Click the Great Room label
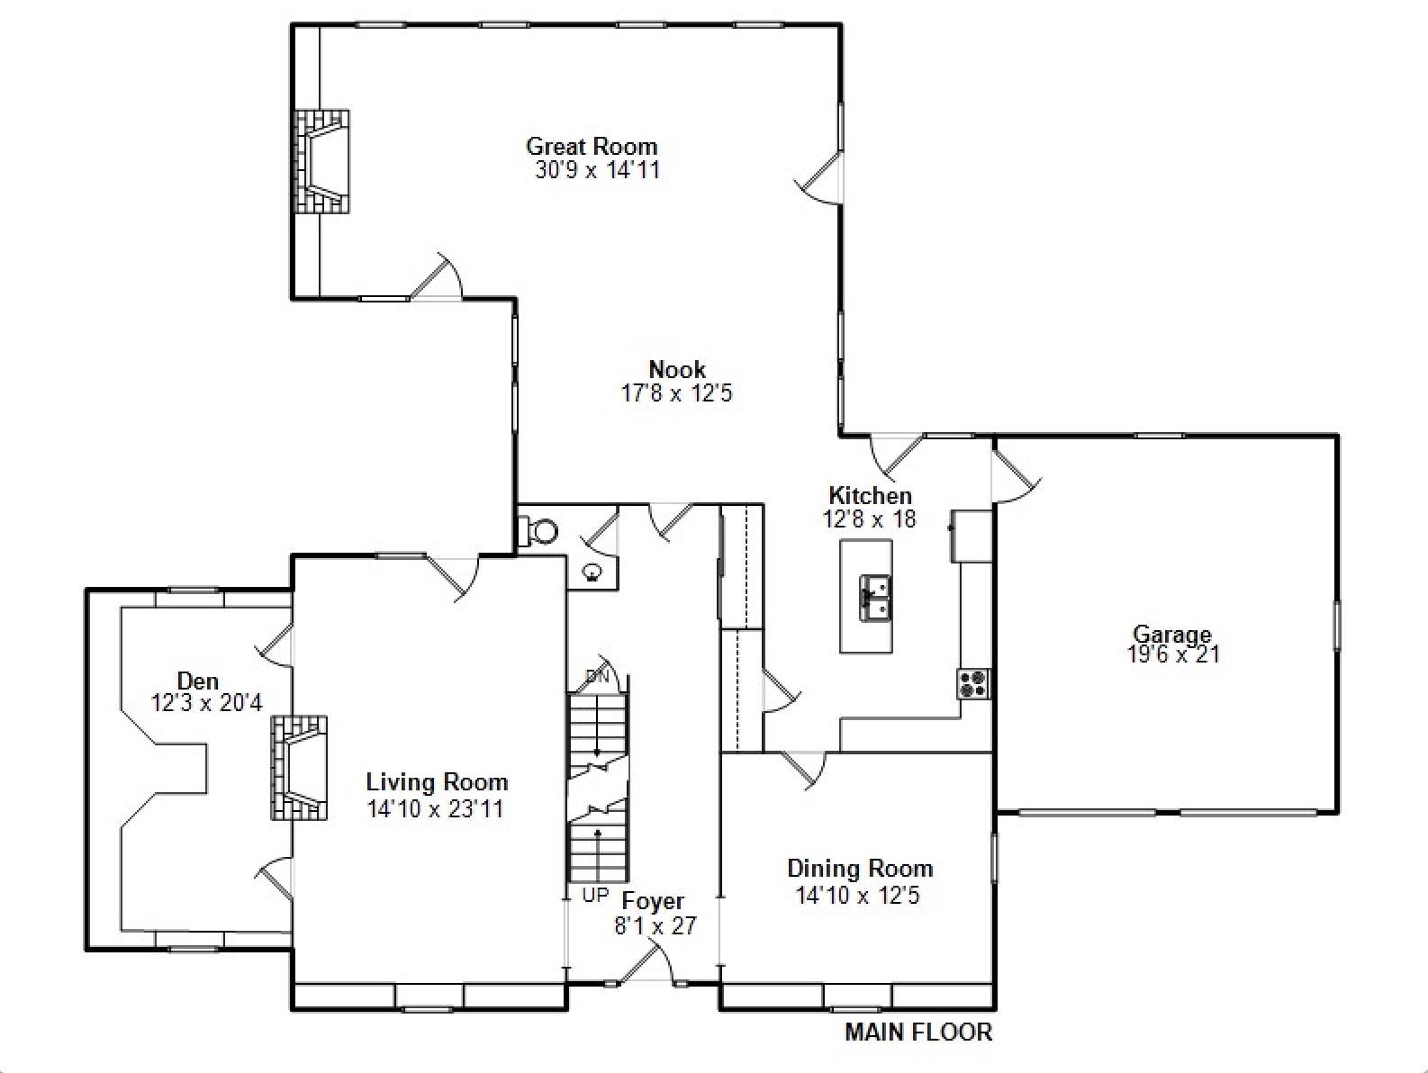pyautogui.click(x=592, y=146)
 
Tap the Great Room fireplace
pyautogui.click(x=321, y=162)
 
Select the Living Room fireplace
pyautogui.click(x=298, y=767)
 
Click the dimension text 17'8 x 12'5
pyautogui.click(x=676, y=393)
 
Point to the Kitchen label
pyautogui.click(x=870, y=496)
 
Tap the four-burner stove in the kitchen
pyautogui.click(x=972, y=683)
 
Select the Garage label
pyautogui.click(x=1171, y=635)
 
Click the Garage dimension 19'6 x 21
pyautogui.click(x=1173, y=655)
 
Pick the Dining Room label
pyautogui.click(x=860, y=869)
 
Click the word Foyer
pyautogui.click(x=654, y=901)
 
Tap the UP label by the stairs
pyautogui.click(x=595, y=896)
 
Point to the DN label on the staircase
pyautogui.click(x=597, y=676)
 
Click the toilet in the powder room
pyautogui.click(x=541, y=531)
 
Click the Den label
pyautogui.click(x=197, y=681)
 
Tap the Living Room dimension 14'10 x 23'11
pyautogui.click(x=435, y=809)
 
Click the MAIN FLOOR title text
pyautogui.click(x=917, y=1032)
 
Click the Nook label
pyautogui.click(x=677, y=369)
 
